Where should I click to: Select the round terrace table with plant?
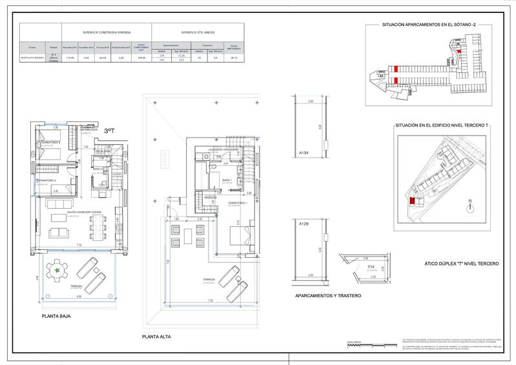point(58,271)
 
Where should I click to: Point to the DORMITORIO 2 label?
point(46,180)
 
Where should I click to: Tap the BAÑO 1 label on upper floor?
point(225,180)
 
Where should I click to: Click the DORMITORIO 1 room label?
point(223,203)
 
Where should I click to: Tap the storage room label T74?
point(371,266)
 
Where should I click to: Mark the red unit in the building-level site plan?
point(412,201)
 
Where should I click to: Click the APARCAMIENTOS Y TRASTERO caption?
point(327,295)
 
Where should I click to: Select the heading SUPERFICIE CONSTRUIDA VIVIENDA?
point(107,31)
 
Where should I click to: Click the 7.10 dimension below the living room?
point(78,245)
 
